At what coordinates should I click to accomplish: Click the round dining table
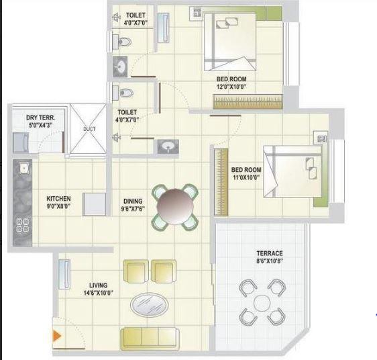coord(176,206)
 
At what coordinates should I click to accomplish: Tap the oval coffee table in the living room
coord(149,304)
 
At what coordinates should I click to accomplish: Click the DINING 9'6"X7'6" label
coord(132,204)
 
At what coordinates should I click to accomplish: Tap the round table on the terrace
coord(260,300)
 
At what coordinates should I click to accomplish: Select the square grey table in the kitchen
coord(95,204)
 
